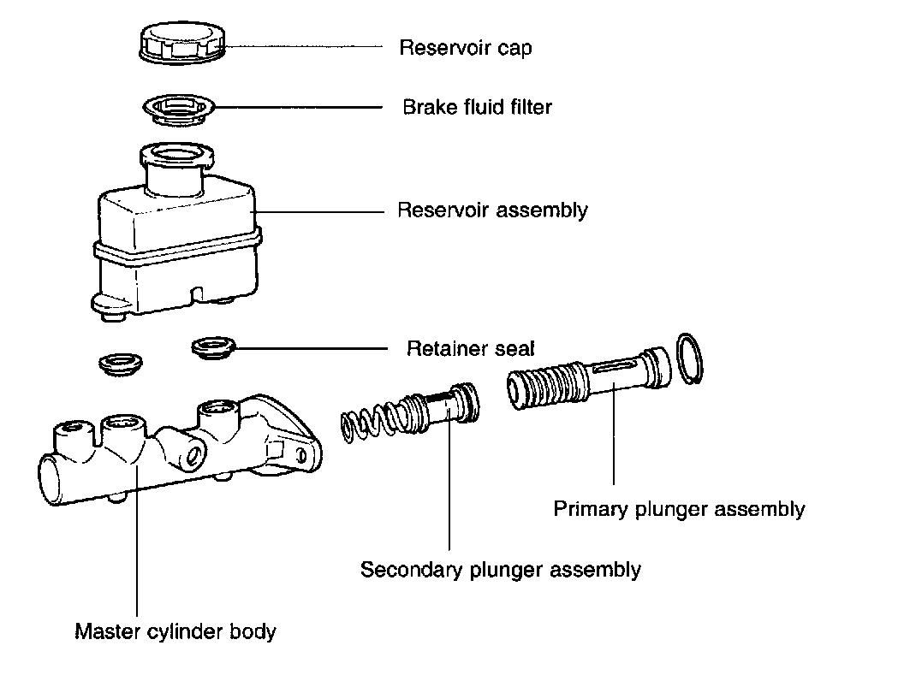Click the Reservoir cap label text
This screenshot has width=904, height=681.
pyautogui.click(x=465, y=48)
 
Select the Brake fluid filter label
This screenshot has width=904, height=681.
pyautogui.click(x=477, y=108)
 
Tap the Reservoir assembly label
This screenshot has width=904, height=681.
pyautogui.click(x=492, y=210)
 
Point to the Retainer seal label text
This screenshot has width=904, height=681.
pyautogui.click(x=470, y=349)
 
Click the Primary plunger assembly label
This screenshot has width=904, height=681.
pyautogui.click(x=679, y=510)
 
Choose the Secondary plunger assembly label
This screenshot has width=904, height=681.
pyautogui.click(x=500, y=570)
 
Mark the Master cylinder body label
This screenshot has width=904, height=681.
pyautogui.click(x=175, y=633)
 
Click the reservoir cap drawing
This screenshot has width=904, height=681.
pyautogui.click(x=182, y=43)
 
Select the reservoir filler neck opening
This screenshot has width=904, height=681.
pyautogui.click(x=177, y=157)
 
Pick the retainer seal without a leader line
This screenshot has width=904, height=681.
pyautogui.click(x=117, y=364)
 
